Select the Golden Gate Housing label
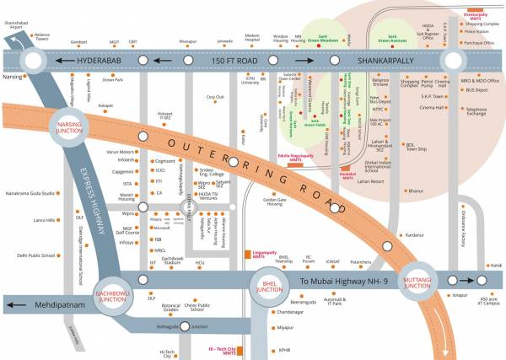click(275, 201)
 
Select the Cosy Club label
click(216, 97)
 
